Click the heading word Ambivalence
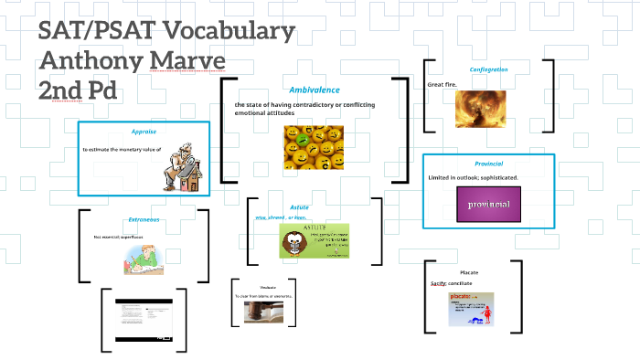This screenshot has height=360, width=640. [314, 90]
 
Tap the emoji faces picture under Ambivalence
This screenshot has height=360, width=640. [313, 147]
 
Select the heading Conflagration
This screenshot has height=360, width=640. [488, 70]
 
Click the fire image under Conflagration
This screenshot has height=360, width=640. [480, 109]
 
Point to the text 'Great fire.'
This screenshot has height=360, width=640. [443, 85]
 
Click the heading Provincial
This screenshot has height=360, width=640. [488, 164]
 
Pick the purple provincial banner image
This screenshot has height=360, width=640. [488, 204]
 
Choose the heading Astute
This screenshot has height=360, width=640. [299, 207]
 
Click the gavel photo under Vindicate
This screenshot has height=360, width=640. [262, 312]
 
